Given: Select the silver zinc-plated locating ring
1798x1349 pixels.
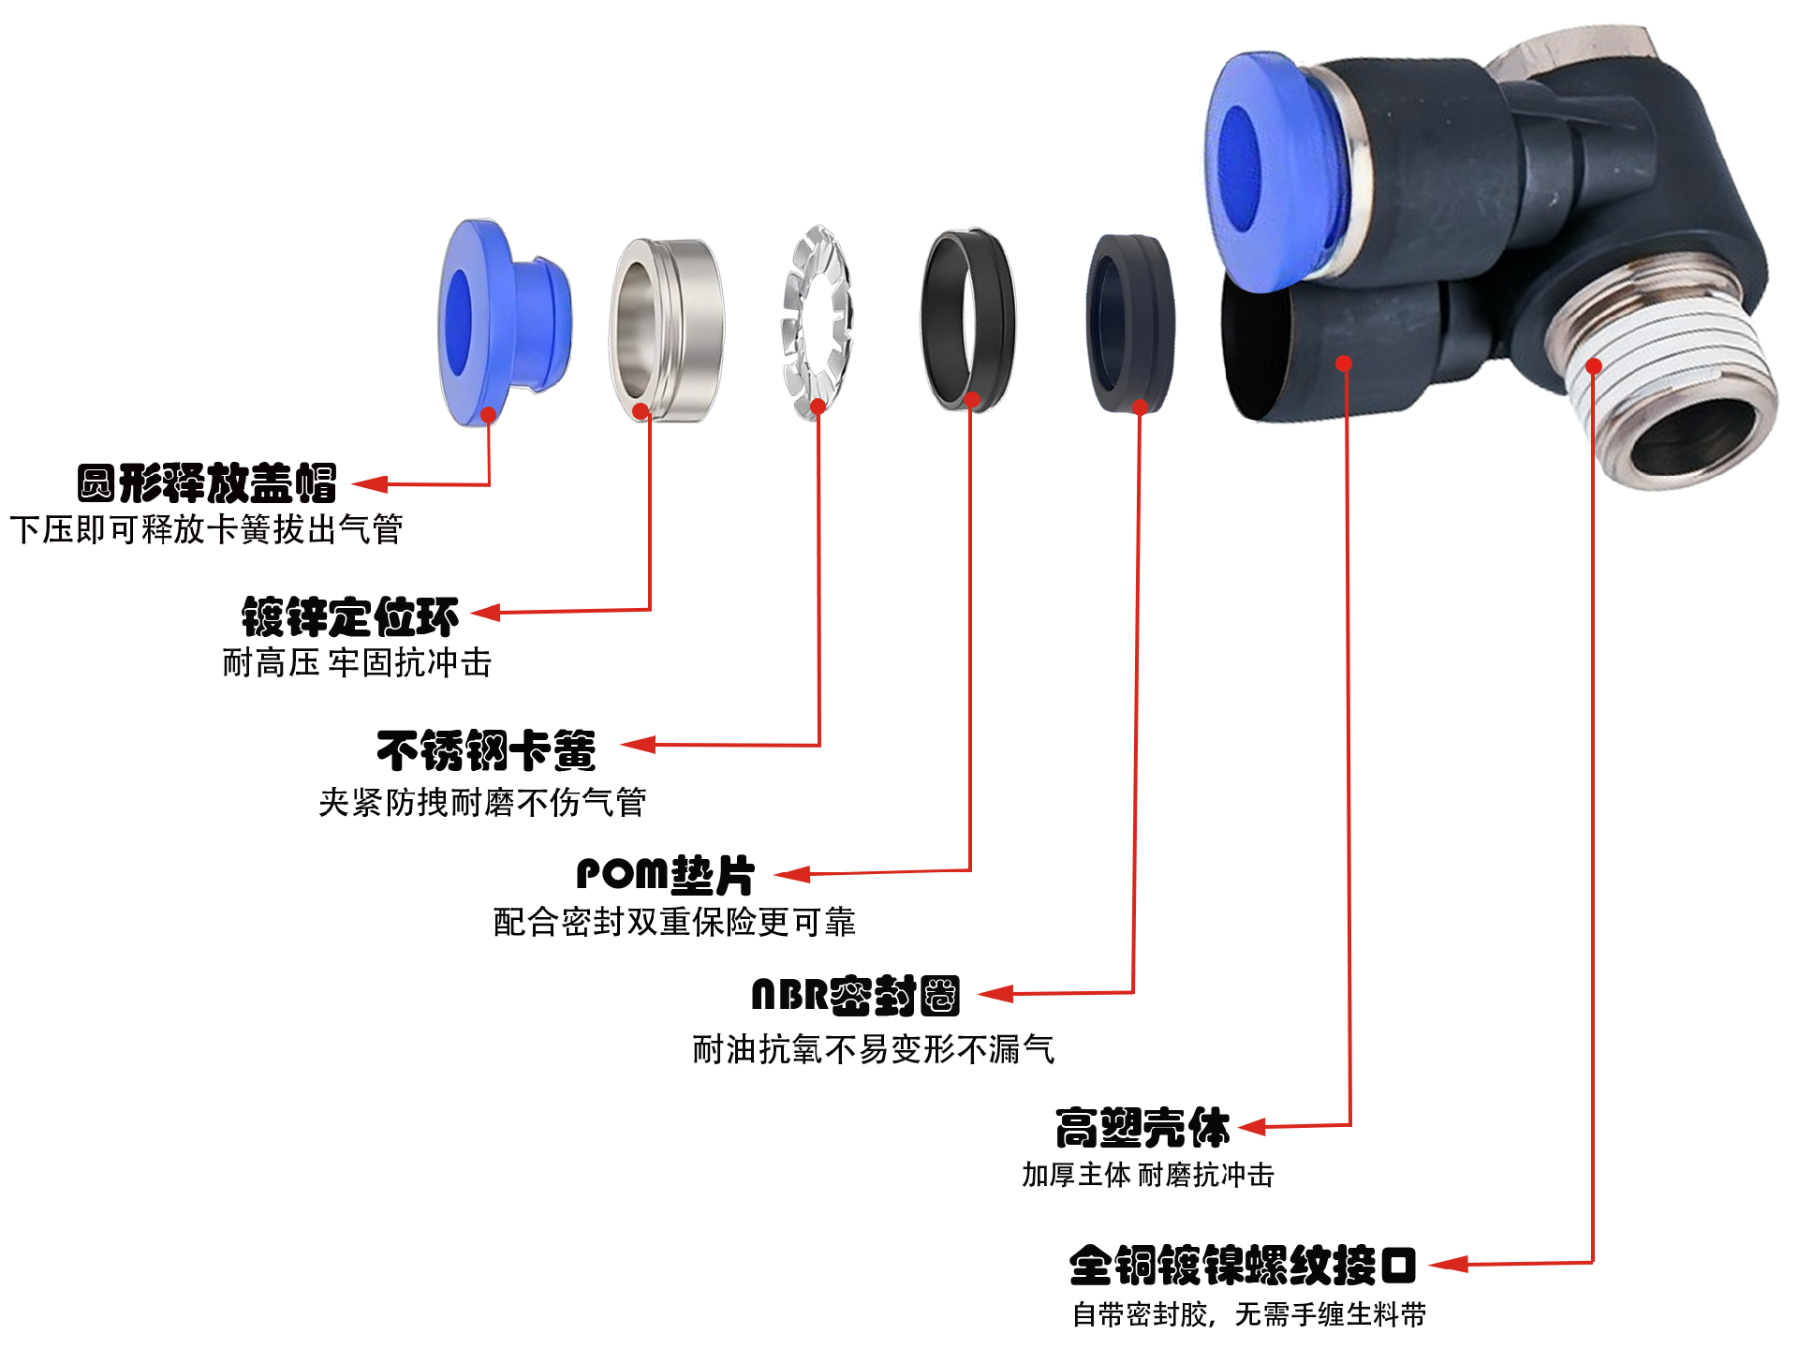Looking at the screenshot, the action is [667, 329].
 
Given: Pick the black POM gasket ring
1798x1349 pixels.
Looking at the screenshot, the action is [968, 319].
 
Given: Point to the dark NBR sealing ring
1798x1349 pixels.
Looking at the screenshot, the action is [1130, 323].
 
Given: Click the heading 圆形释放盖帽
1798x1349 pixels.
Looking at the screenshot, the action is [207, 483].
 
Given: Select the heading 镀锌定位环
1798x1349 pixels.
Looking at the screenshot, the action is [350, 617].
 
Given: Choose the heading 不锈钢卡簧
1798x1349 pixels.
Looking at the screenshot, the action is [486, 750].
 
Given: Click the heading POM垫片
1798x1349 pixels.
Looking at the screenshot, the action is [665, 875].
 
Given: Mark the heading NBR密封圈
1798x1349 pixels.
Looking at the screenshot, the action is [856, 995].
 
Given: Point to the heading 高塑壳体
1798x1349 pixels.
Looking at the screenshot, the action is [1142, 1128].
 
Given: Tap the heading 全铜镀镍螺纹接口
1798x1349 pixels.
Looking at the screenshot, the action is [1243, 1266].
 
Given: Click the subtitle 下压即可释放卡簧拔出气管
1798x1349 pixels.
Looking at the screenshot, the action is [207, 529].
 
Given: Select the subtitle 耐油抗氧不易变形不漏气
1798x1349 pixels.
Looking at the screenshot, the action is [874, 1049].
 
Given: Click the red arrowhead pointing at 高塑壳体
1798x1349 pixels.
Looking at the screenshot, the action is [1252, 1127].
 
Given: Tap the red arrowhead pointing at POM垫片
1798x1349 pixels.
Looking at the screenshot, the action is [792, 875].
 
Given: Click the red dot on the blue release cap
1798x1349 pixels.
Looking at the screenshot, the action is [488, 414].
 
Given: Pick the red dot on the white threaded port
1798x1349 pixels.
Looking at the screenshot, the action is [1595, 366].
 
